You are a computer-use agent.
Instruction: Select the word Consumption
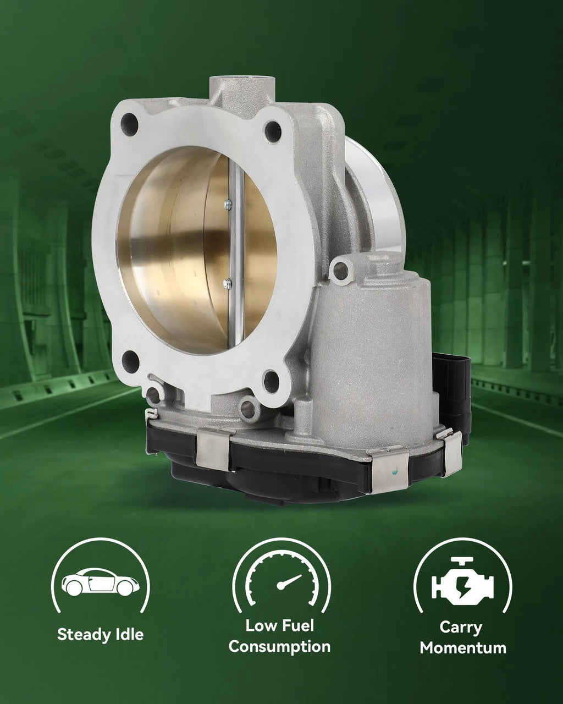coord(280,647)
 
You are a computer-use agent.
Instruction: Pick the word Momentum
coord(463,648)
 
